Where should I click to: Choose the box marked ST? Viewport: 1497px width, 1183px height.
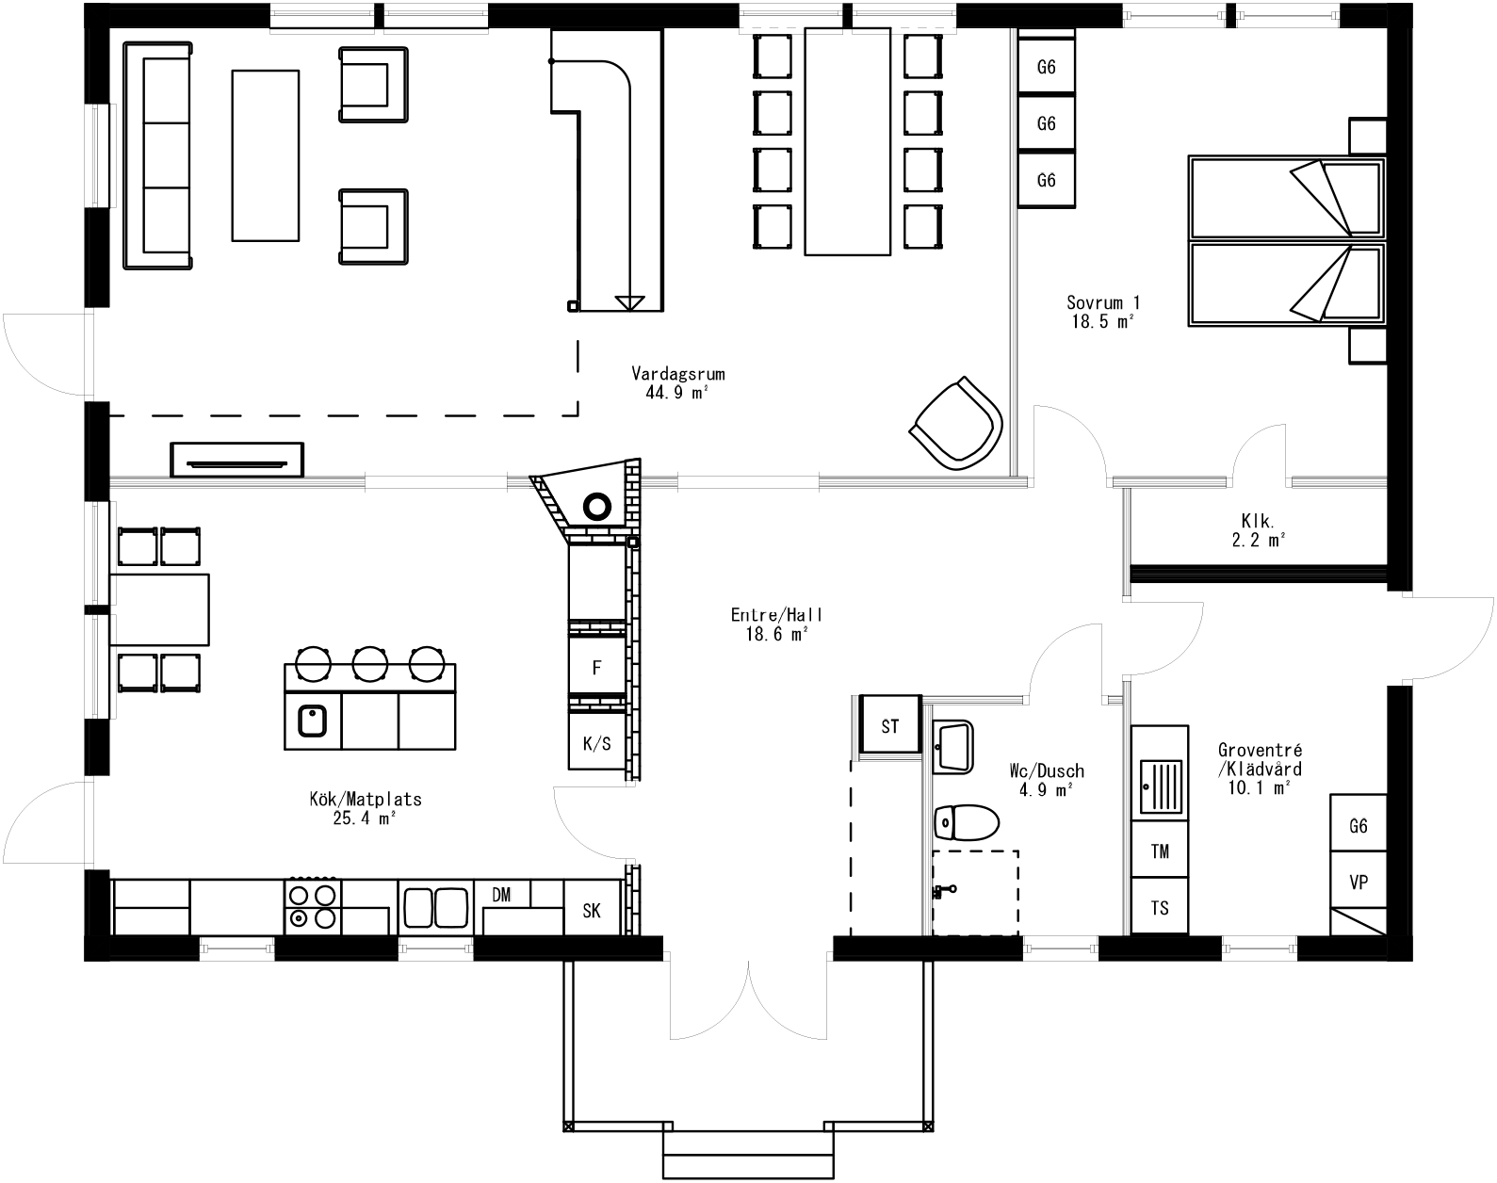click(x=889, y=725)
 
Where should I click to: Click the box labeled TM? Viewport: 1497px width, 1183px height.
click(x=1160, y=851)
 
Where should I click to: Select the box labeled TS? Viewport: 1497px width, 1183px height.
click(x=1160, y=907)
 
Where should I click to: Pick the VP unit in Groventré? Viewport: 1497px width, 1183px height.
click(x=1358, y=883)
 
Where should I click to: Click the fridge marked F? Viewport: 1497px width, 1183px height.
click(x=596, y=668)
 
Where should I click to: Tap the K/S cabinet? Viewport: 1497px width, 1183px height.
click(x=596, y=743)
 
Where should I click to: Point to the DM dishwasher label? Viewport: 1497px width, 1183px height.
click(x=501, y=895)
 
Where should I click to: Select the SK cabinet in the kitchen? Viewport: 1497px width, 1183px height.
click(x=592, y=910)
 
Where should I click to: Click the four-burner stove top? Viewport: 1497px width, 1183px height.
click(x=312, y=905)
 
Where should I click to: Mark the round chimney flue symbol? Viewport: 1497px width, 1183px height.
click(x=596, y=507)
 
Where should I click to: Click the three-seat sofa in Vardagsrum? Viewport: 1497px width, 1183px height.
click(x=158, y=154)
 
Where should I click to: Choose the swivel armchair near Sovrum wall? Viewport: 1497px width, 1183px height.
click(x=956, y=423)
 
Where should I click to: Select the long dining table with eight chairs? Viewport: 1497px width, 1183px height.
click(x=847, y=141)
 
